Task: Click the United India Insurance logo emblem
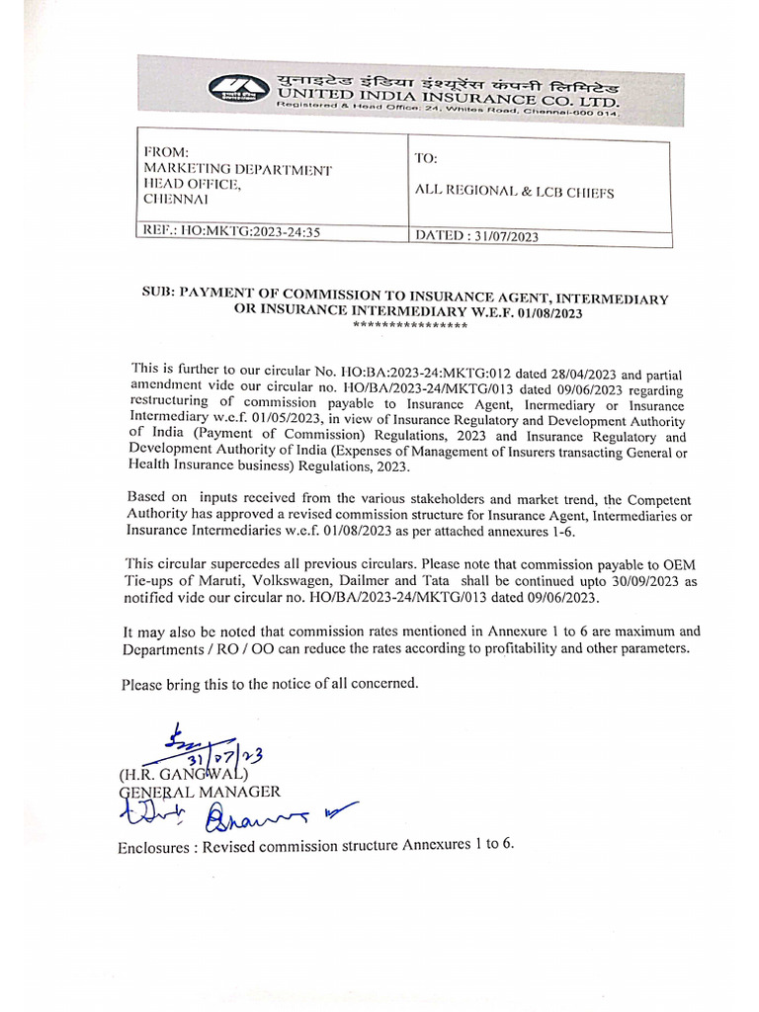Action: click(x=237, y=88)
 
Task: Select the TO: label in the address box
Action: click(x=427, y=159)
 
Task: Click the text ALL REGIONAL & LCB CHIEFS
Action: click(x=515, y=193)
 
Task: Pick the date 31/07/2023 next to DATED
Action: click(x=504, y=237)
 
